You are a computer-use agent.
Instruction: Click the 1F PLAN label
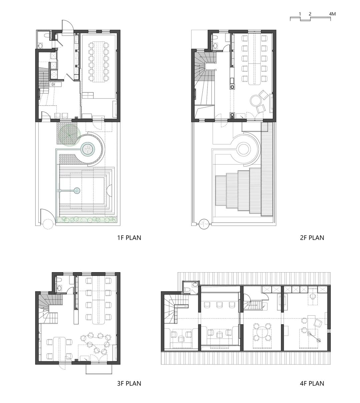129,238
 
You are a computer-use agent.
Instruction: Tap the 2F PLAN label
312,238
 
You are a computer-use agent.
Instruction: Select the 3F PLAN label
129,383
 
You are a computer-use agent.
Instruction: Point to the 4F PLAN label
312,383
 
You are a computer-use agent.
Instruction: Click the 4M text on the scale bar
332,14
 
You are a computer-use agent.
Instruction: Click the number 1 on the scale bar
300,14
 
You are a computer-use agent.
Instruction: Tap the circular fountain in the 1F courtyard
87,149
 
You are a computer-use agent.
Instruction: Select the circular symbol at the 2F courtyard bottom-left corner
204,224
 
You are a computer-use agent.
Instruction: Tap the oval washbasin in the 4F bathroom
195,285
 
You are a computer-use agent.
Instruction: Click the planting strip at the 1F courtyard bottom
86,220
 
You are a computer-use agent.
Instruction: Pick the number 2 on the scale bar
310,14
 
